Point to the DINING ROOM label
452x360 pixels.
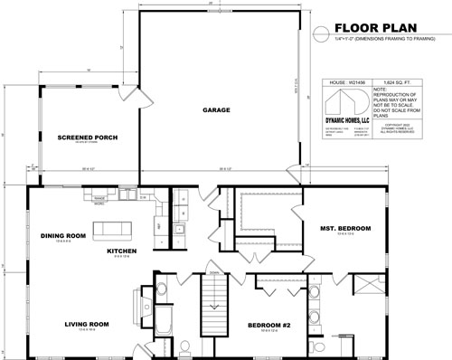tap(62, 236)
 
